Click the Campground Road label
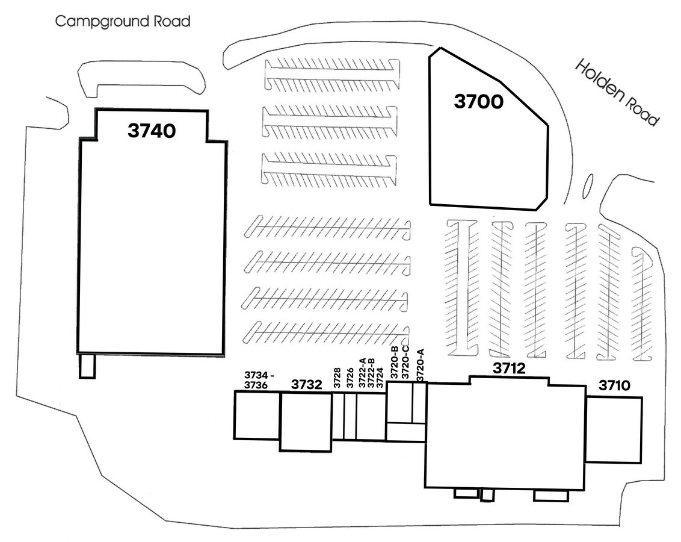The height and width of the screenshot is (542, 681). tap(123, 22)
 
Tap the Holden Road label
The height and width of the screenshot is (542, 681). tap(617, 92)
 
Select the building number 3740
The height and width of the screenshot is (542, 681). tap(152, 130)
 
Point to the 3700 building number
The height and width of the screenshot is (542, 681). tap(478, 102)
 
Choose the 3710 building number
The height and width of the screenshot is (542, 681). tap(614, 385)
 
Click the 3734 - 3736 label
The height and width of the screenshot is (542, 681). tap(259, 380)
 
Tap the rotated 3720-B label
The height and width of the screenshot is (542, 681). tap(395, 364)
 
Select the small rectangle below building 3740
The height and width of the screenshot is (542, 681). tap(87, 366)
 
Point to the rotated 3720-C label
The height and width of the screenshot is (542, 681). tap(406, 364)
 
